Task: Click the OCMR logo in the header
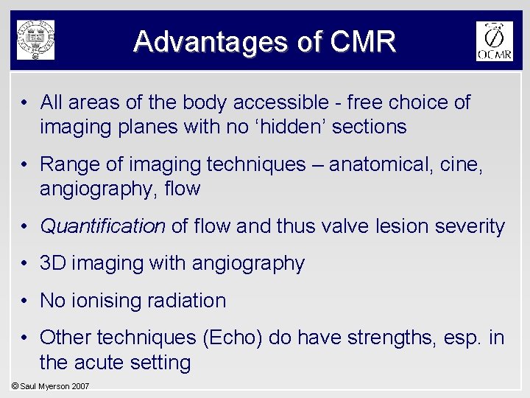pos(494,41)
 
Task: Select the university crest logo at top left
pos(36,40)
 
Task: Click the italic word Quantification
pos(102,226)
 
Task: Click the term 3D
pos(53,264)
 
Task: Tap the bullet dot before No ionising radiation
pos(24,301)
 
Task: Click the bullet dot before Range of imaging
pos(24,164)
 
